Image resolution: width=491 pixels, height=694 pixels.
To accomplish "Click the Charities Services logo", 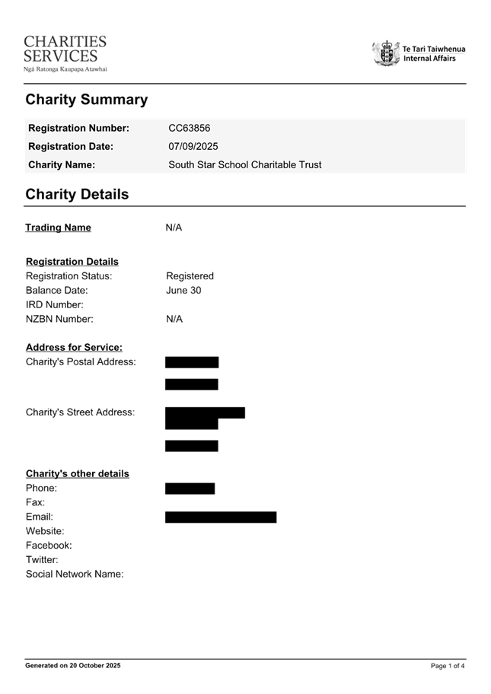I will pyautogui.click(x=65, y=53).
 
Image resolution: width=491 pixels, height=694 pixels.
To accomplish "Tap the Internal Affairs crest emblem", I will pyautogui.click(x=386, y=53).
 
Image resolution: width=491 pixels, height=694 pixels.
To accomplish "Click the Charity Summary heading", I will pyautogui.click(x=86, y=100).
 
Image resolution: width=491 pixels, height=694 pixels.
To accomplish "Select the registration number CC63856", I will pyautogui.click(x=189, y=129).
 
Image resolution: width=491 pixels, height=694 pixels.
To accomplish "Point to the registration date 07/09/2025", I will pyautogui.click(x=193, y=146).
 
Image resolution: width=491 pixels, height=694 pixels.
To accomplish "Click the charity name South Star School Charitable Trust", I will pyautogui.click(x=244, y=164).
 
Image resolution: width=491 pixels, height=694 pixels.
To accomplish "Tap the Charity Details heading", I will pyautogui.click(x=77, y=194).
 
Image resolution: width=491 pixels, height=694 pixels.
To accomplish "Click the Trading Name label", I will pyautogui.click(x=59, y=228).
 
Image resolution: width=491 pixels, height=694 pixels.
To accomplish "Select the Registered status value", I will pyautogui.click(x=190, y=275).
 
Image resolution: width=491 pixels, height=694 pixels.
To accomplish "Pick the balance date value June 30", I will pyautogui.click(x=183, y=290).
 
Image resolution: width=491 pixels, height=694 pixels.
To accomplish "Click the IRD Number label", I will pyautogui.click(x=55, y=304).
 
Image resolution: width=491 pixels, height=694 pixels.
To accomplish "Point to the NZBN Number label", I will pyautogui.click(x=59, y=319).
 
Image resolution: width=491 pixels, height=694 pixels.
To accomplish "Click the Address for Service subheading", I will pyautogui.click(x=74, y=347).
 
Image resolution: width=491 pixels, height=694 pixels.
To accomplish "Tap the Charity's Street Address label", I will pyautogui.click(x=80, y=412).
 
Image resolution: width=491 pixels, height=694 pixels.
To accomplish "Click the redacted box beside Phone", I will pyautogui.click(x=190, y=489).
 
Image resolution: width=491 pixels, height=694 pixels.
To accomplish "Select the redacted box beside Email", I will pyautogui.click(x=221, y=517).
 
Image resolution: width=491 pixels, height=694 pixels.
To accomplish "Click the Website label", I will pyautogui.click(x=45, y=530).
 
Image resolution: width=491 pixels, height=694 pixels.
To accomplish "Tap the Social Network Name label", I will pyautogui.click(x=75, y=574).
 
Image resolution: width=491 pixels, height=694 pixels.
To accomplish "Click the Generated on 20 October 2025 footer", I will pyautogui.click(x=73, y=666).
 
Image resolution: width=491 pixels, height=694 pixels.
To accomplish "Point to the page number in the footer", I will pyautogui.click(x=448, y=666).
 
